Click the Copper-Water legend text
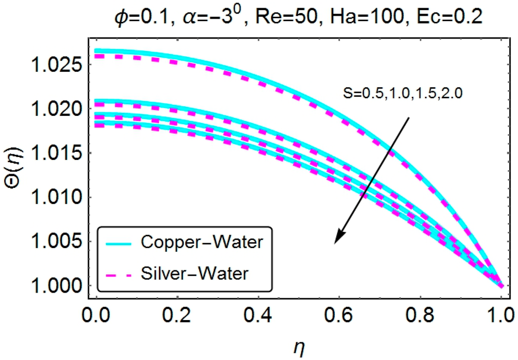point(202,243)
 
